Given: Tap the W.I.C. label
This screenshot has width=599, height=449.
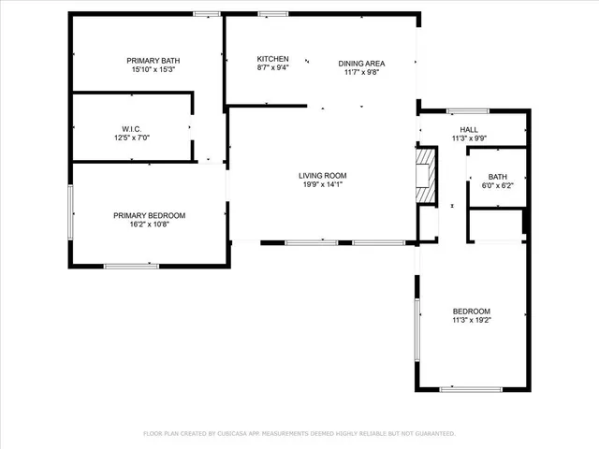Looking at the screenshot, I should coord(131,128).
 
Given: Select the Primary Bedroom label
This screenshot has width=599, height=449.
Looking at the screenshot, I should coord(150,215).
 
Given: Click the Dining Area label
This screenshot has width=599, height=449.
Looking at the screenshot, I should coord(361,63).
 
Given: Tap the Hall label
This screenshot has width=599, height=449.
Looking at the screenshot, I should coord(469,130).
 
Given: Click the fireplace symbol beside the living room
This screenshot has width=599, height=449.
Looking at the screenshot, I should coord(426,175).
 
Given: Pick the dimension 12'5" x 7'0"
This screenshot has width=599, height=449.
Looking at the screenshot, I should coord(131,138).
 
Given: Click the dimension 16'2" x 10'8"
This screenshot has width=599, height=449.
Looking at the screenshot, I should coord(150,224).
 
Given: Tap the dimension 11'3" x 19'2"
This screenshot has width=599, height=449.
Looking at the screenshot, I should coord(472,321).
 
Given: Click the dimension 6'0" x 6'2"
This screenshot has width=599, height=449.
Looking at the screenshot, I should coord(497,185).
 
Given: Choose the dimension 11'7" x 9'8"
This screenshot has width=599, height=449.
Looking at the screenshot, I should coord(361,72).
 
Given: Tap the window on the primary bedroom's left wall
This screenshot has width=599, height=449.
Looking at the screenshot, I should coord(71,211).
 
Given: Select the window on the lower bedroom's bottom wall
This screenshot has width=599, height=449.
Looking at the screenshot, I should coord(471,389).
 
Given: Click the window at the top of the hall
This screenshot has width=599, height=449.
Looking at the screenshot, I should coord(468,111).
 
